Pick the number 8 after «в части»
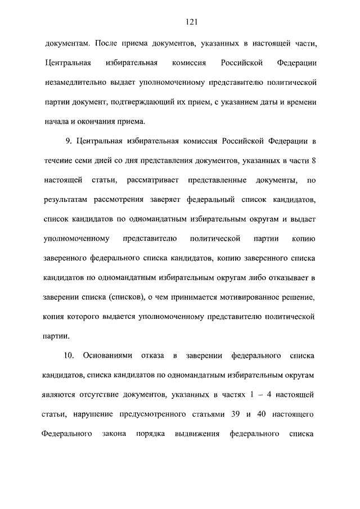pyautogui.click(x=313, y=160)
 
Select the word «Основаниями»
pyautogui.click(x=107, y=356)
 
